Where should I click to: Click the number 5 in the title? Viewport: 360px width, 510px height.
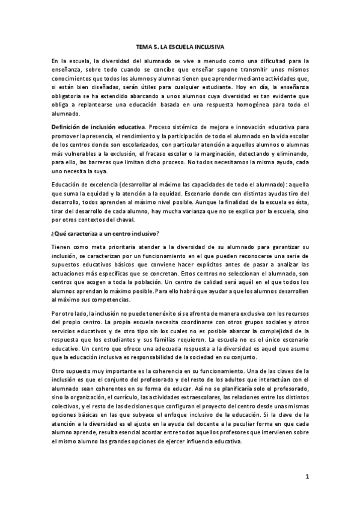click(x=157, y=46)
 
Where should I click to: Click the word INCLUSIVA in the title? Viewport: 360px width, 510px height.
click(x=206, y=46)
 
